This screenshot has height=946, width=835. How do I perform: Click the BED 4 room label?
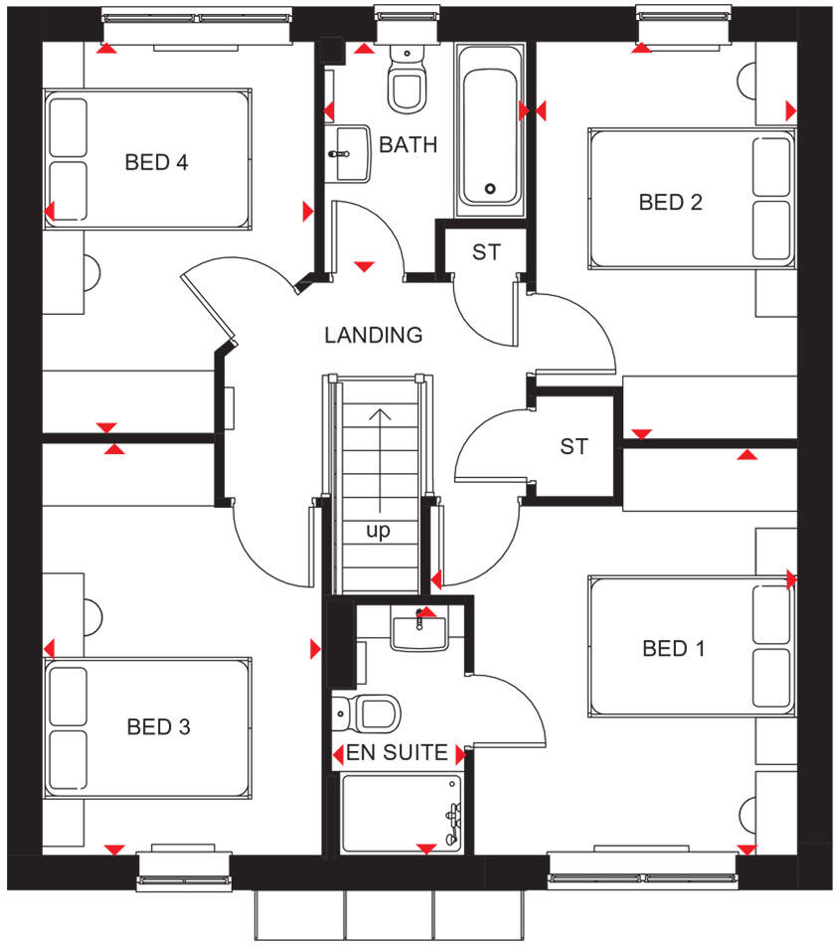(156, 162)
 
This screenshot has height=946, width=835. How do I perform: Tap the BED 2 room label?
(671, 203)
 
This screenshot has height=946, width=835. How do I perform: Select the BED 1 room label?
(673, 649)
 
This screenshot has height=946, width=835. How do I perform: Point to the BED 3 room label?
(158, 727)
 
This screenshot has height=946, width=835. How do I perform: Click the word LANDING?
(374, 335)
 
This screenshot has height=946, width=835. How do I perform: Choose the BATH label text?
(409, 145)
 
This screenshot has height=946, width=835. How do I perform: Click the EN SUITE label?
(397, 753)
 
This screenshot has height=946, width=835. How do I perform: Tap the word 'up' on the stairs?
(379, 532)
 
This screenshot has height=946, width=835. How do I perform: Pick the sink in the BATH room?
(350, 155)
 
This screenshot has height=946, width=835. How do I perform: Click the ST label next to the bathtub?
(486, 252)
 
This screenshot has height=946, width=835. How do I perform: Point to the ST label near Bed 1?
(574, 446)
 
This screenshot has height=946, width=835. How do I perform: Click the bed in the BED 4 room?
(146, 159)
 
